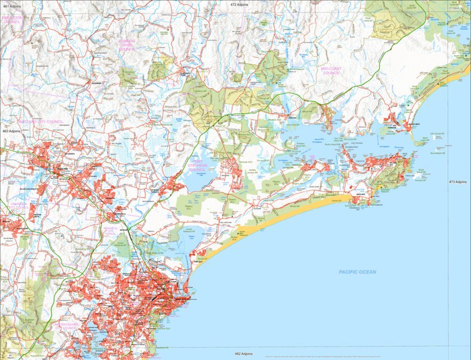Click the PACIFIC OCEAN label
click(x=357, y=272)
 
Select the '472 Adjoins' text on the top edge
click(x=239, y=4)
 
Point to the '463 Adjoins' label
click(x=11, y=130)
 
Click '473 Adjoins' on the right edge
click(x=458, y=182)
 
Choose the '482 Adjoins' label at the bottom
click(x=243, y=354)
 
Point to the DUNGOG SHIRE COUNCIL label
click(x=127, y=45)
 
